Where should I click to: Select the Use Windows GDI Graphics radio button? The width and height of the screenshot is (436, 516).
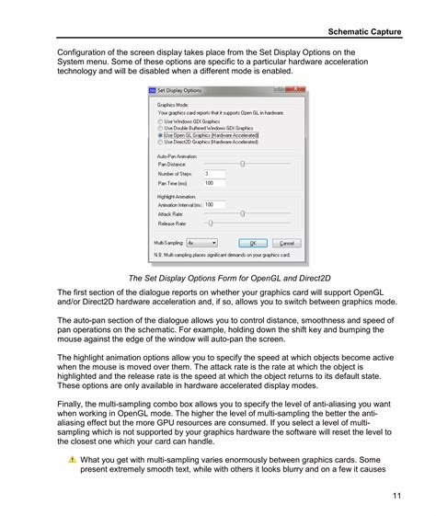click(x=161, y=120)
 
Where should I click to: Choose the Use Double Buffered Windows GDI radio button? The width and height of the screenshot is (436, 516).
click(x=161, y=128)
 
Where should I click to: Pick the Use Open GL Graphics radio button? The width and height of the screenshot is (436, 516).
click(x=161, y=135)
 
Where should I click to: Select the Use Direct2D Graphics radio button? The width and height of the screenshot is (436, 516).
click(x=161, y=143)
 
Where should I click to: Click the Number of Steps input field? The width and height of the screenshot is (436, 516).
click(x=214, y=173)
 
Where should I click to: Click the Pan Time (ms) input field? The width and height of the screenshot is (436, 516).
click(x=214, y=183)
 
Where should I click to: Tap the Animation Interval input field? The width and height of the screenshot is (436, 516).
click(x=214, y=204)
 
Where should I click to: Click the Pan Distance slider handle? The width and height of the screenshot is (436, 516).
click(x=242, y=163)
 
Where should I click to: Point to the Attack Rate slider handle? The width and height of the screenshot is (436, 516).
click(x=242, y=213)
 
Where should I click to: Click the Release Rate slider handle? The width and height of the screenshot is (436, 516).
click(x=211, y=223)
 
